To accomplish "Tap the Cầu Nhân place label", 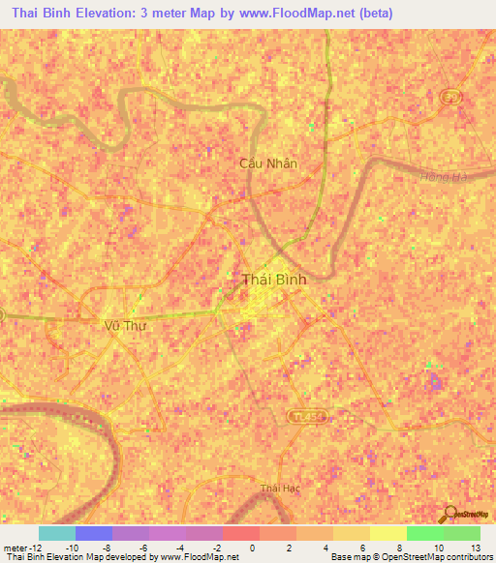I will [268, 163].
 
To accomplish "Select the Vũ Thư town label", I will [124, 326].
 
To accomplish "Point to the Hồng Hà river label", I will [445, 177].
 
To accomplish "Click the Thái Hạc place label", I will [280, 489].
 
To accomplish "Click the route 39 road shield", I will [449, 96].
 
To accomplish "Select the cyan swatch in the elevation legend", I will [56, 533].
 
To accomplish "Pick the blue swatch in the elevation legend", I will [93, 533].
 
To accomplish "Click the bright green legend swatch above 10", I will [424, 533].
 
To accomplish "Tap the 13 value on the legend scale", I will [474, 547].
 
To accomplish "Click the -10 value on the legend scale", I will [72, 547].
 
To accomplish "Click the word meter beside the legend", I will [16, 547].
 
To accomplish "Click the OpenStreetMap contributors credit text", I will [427, 558].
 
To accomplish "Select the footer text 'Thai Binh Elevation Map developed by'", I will [69, 558].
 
